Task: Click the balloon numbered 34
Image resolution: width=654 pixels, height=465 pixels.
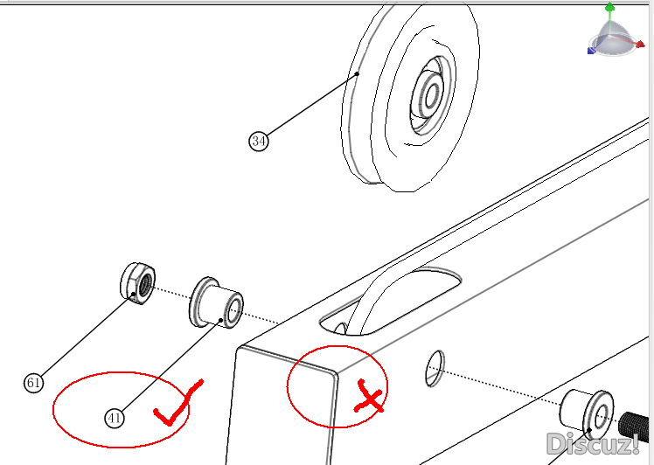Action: click(x=259, y=141)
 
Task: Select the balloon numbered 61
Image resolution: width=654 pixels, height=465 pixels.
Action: click(x=34, y=383)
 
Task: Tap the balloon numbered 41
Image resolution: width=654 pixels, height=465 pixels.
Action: click(x=115, y=418)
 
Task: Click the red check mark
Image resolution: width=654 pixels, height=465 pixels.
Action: click(x=178, y=403)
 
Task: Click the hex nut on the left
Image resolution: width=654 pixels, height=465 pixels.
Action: click(x=137, y=283)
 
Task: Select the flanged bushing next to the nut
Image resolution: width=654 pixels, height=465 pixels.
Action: click(x=216, y=302)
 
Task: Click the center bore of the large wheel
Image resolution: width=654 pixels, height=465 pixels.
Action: click(x=432, y=97)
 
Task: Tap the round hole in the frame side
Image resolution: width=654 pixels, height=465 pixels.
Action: click(x=435, y=368)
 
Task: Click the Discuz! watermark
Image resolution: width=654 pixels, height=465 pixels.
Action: click(x=593, y=444)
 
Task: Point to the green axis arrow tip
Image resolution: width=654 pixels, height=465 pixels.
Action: click(x=609, y=6)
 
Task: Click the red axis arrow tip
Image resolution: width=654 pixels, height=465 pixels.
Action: click(x=641, y=44)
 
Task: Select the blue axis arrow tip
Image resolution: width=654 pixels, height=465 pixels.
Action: click(x=591, y=51)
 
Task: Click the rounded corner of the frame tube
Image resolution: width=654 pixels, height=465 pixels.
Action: click(x=334, y=374)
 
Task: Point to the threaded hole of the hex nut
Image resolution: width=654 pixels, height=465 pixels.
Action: click(x=145, y=283)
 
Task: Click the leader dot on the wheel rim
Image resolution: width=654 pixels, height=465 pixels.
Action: click(x=358, y=73)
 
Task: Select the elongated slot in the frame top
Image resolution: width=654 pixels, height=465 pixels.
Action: click(x=391, y=302)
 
